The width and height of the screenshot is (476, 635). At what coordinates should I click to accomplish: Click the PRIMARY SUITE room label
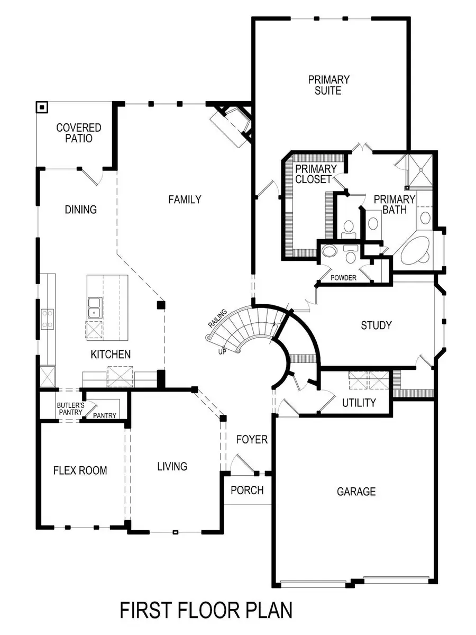329,85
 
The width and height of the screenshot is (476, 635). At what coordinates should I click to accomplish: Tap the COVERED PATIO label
79,133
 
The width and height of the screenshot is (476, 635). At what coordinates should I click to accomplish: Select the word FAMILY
185,199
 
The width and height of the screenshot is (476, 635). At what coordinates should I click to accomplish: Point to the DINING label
81,210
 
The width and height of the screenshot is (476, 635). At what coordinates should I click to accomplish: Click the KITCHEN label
111,355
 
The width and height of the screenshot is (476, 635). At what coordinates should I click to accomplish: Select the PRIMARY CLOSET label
313,174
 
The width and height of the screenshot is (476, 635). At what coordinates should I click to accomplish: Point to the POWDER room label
343,278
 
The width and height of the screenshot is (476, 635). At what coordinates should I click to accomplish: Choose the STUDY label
377,325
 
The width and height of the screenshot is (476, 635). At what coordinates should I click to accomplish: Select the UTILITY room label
359,403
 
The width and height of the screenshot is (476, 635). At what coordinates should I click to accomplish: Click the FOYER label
252,440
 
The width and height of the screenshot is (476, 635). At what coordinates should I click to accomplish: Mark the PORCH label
247,491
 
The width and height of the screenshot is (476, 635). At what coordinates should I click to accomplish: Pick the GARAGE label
356,492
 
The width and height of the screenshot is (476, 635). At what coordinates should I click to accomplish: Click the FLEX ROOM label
80,470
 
